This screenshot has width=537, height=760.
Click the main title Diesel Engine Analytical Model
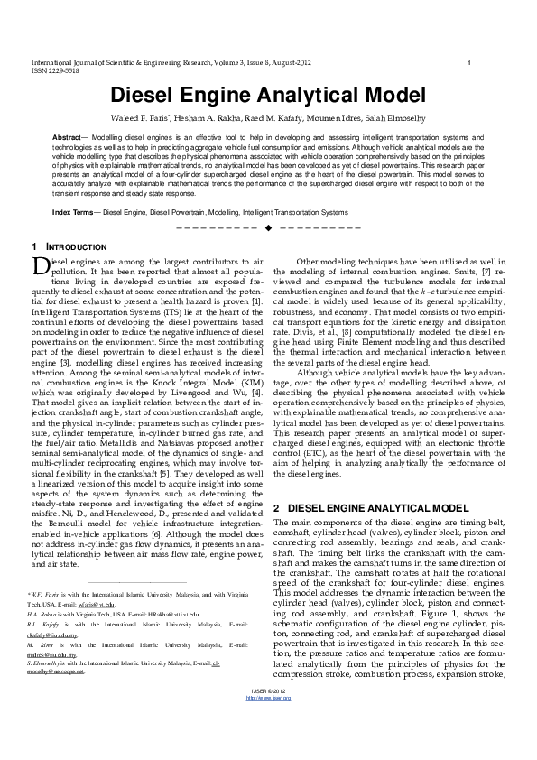267,96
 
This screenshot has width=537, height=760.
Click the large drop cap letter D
39,266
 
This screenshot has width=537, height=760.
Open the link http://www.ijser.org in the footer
268,748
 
